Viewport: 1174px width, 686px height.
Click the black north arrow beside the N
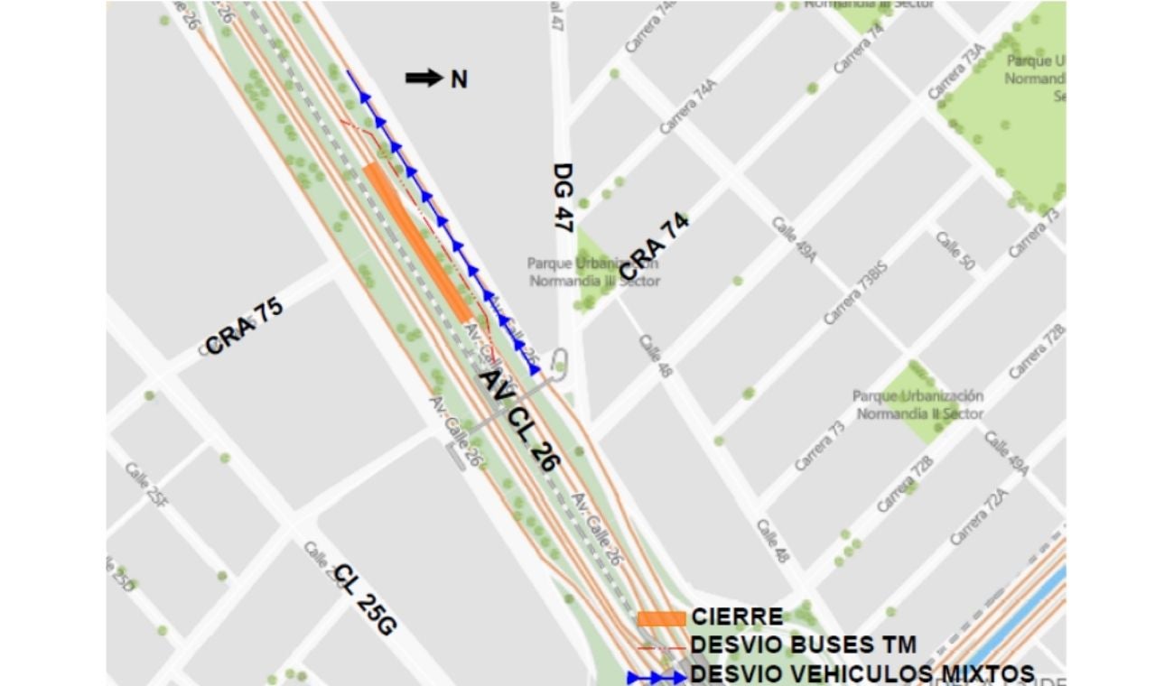click(424, 79)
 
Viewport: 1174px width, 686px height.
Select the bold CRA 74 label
click(655, 246)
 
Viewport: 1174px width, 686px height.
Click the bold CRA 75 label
click(244, 326)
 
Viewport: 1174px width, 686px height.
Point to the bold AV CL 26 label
click(518, 419)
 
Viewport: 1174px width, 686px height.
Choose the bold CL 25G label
click(365, 599)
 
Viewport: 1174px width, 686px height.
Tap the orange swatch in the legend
click(661, 618)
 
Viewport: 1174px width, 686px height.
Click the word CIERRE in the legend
click(737, 618)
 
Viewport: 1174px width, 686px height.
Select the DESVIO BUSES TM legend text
click(803, 645)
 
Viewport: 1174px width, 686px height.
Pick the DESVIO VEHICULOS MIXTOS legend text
click(862, 674)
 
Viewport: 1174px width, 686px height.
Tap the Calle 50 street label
click(955, 250)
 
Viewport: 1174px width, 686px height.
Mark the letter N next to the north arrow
click(459, 79)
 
